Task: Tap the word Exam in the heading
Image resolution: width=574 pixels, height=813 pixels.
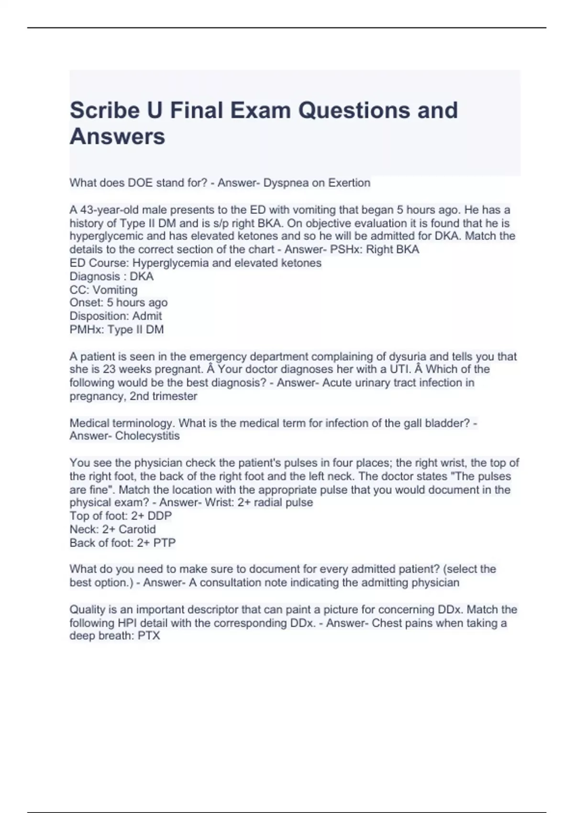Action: coord(261,110)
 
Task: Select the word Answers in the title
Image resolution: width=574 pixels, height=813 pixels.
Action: coord(118,136)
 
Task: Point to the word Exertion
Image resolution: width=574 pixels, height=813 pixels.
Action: coord(348,183)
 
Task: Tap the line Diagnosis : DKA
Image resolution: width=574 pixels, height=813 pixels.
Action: coord(111,276)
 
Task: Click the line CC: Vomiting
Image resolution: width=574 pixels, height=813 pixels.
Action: coord(103,290)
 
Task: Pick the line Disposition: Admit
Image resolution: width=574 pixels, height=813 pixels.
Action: coord(116,316)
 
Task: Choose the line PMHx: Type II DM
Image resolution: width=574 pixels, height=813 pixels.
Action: coord(117,330)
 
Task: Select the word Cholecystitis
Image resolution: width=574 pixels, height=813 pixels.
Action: coord(147,436)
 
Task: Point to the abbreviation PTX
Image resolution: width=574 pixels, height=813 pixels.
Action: coord(149,636)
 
